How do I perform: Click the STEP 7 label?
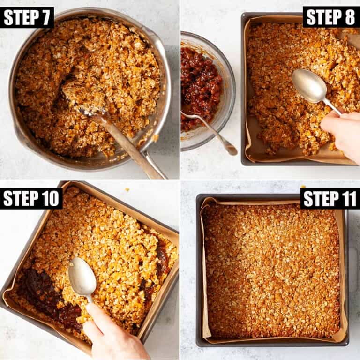(x=27, y=17)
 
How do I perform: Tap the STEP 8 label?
(x=331, y=17)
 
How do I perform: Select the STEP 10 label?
(x=31, y=199)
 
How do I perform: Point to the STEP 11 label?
(x=330, y=199)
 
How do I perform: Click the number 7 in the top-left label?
(x=45, y=17)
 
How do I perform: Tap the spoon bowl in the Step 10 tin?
(x=82, y=277)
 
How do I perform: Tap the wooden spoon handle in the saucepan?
(x=128, y=145)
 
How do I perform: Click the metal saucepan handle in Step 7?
(x=156, y=165)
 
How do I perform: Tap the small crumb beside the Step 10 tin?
(x=127, y=190)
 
